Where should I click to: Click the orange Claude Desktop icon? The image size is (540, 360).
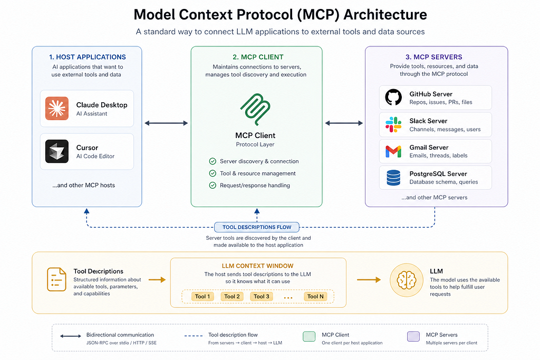57,109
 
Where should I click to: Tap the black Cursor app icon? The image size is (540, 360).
57,151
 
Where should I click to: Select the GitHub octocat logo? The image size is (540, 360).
393,97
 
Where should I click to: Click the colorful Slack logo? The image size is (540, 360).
393,124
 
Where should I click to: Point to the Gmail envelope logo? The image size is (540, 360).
393,151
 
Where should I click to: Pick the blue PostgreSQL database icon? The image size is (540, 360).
393,178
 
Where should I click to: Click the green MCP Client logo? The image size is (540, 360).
255,109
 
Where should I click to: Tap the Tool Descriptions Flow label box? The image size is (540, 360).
257,227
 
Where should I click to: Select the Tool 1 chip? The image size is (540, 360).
202,296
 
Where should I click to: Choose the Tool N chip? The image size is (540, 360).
315,296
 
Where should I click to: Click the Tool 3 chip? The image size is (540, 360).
262,296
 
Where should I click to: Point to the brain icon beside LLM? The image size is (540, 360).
407,280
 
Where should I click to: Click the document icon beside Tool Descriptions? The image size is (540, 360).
56,279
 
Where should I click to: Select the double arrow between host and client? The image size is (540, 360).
166,123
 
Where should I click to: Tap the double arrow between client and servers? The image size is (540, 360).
344,123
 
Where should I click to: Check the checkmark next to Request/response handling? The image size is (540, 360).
213,186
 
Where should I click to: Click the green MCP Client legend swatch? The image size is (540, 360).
309,337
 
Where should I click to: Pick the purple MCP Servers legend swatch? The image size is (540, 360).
413,337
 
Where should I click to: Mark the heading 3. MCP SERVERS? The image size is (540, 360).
433,57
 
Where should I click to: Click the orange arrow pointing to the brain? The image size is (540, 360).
369,280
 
